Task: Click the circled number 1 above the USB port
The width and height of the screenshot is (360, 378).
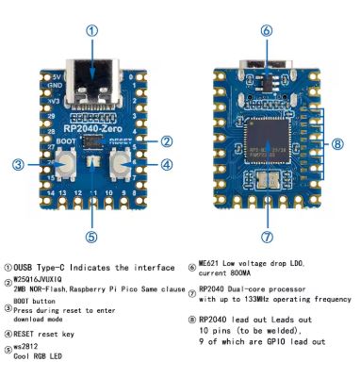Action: click(x=91, y=30)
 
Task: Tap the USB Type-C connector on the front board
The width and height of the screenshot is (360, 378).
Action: click(x=91, y=75)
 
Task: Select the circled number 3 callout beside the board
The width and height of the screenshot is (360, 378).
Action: click(x=18, y=165)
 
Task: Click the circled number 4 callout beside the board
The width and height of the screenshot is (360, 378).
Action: click(x=166, y=165)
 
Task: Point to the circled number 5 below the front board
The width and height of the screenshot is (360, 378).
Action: click(x=91, y=237)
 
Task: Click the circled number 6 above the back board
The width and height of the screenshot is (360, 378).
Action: click(x=267, y=30)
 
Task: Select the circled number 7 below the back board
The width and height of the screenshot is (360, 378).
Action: click(x=267, y=237)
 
